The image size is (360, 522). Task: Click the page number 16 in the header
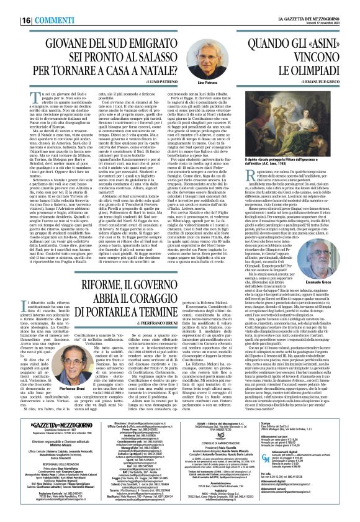pyautogui.click(x=10, y=4)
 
